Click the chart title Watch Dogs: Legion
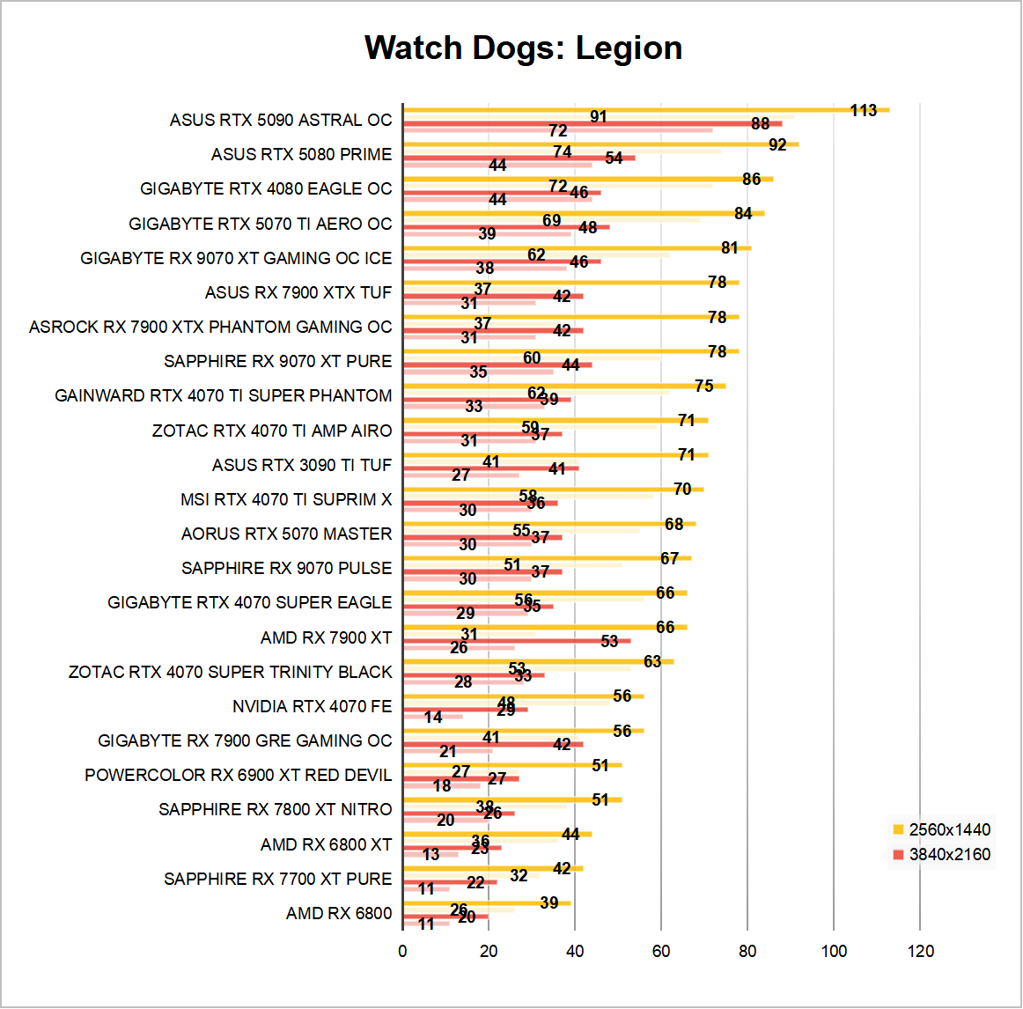523,48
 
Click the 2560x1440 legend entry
949,829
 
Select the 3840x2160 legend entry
949,854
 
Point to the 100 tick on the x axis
834,951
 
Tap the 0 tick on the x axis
402,951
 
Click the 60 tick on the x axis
661,951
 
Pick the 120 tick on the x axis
920,951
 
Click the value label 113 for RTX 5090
864,110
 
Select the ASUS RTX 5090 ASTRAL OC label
281,120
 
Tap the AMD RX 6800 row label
339,913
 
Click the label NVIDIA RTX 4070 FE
312,706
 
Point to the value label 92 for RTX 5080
777,144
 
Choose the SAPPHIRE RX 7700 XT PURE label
277,879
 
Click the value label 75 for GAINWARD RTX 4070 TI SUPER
703,386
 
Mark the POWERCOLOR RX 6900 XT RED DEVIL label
238,775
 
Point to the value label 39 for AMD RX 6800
548,902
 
